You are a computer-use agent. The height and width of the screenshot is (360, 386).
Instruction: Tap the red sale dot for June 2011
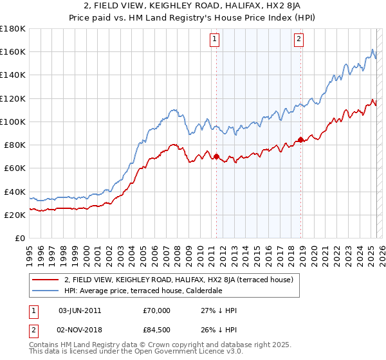(x=216, y=156)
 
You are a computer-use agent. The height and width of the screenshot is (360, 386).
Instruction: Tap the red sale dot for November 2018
(x=300, y=139)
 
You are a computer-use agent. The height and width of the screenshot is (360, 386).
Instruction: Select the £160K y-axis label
(x=13, y=51)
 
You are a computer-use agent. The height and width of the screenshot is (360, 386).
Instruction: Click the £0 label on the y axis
(x=19, y=239)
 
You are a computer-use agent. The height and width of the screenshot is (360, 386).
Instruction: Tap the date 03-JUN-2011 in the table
(x=79, y=310)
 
